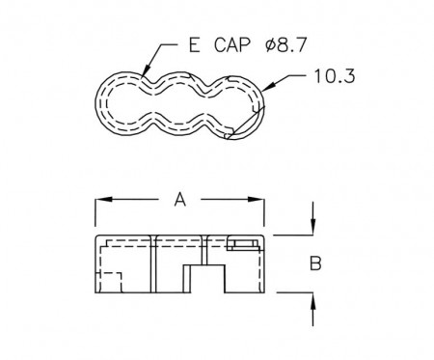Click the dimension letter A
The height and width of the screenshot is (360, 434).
pos(180,199)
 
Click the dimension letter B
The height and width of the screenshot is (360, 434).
pos(315,263)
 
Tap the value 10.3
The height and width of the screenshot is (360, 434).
pos(335,76)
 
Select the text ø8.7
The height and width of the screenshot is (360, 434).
pos(285,44)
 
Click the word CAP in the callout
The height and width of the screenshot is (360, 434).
pos(231,44)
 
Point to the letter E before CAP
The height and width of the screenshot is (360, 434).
pos(194,44)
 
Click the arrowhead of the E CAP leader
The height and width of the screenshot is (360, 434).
pos(146,70)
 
